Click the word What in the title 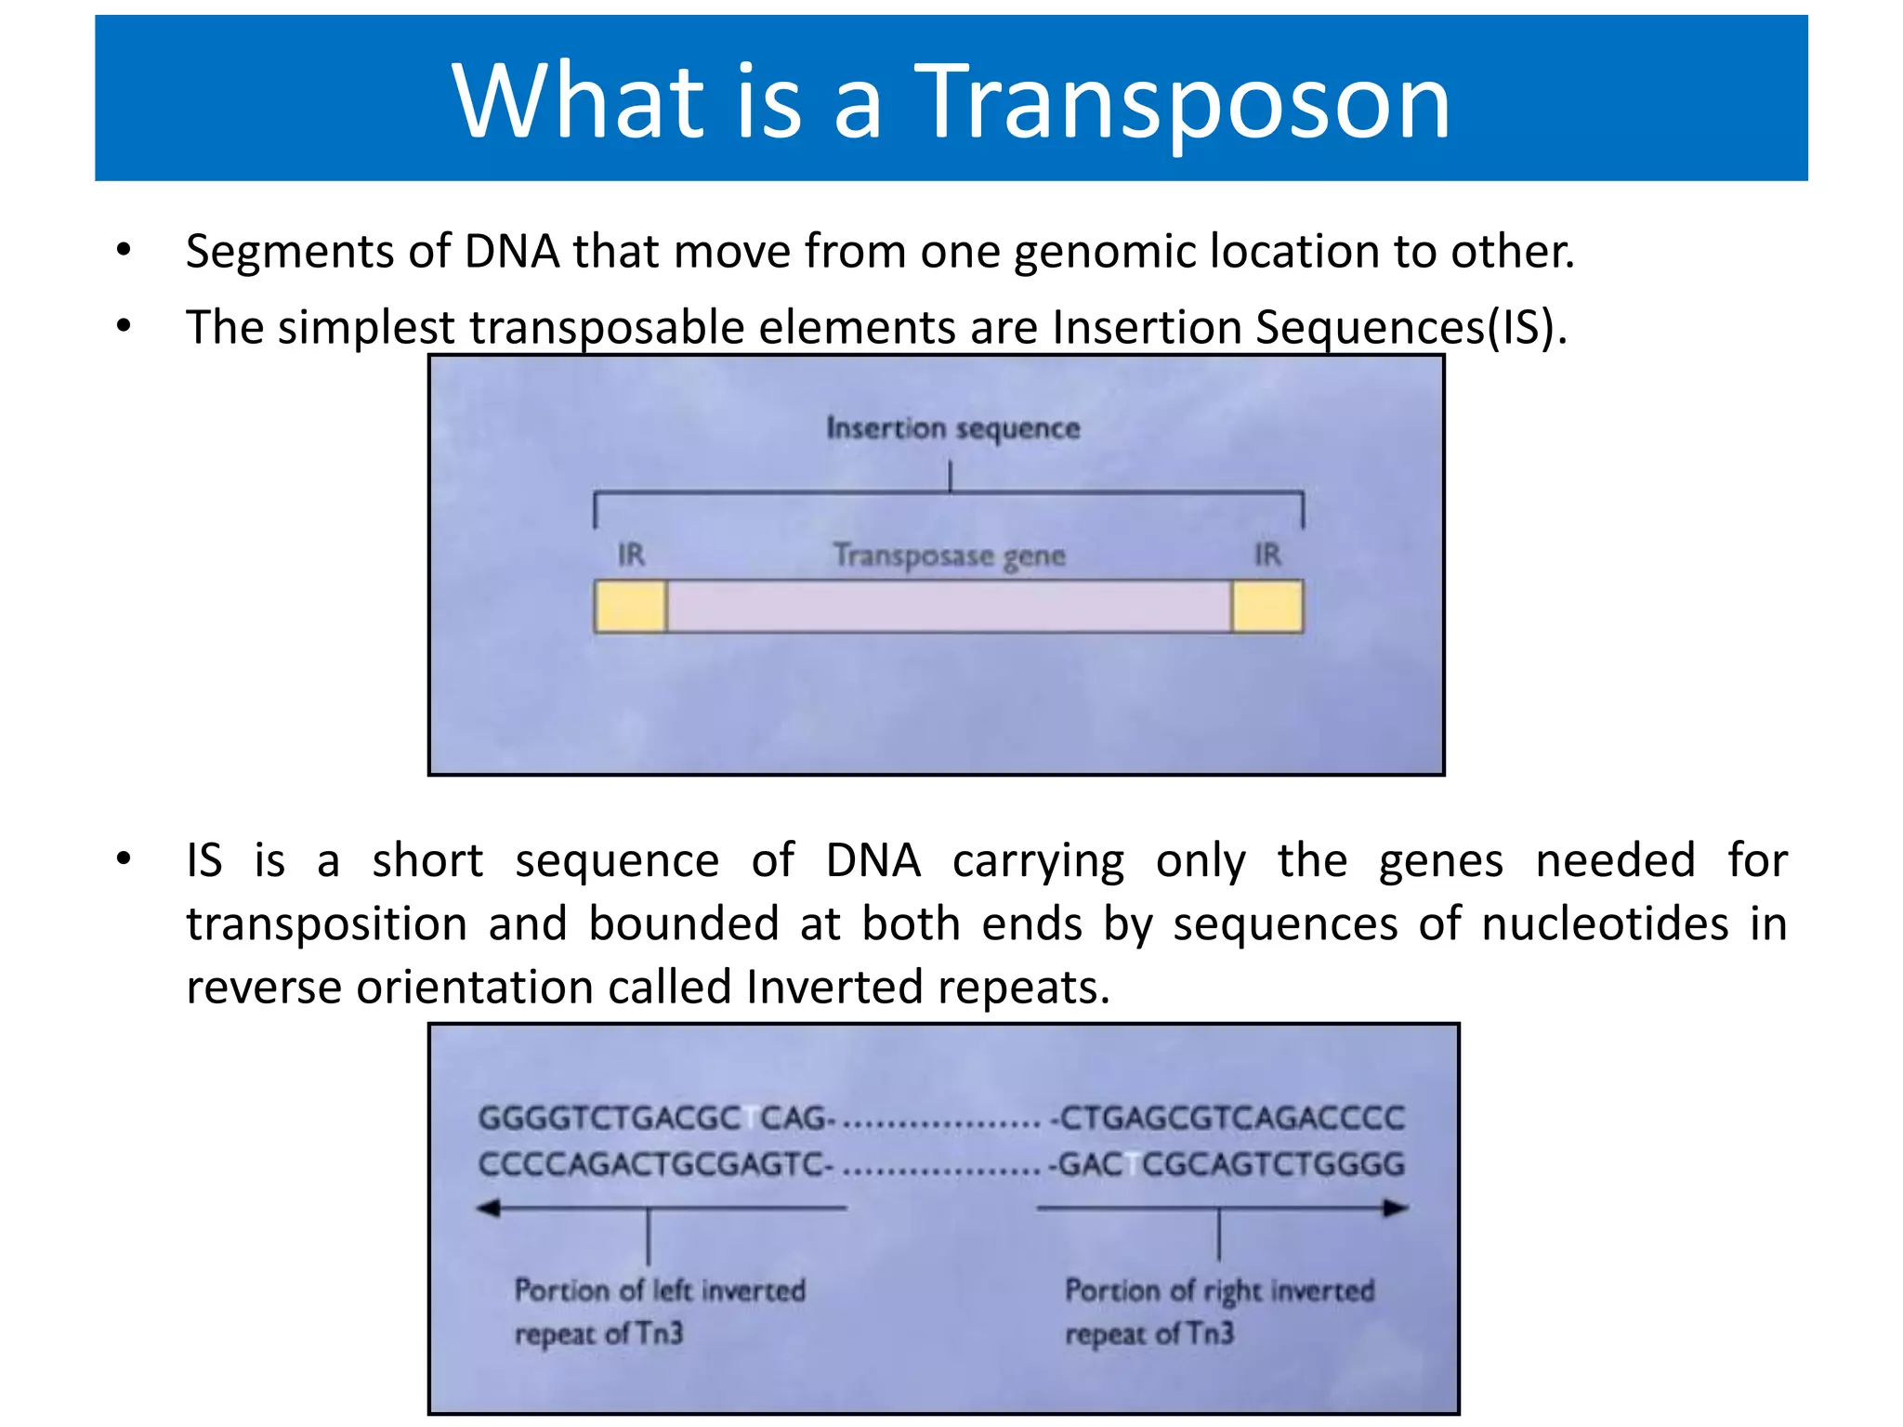coord(579,100)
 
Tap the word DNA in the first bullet coord(512,252)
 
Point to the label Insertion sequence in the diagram coord(953,428)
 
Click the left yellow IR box coord(630,607)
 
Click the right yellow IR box coord(1267,607)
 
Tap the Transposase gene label coord(949,556)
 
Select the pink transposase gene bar coord(949,607)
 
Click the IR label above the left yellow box coord(631,556)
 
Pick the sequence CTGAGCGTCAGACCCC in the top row coord(1231,1118)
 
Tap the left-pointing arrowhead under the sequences coord(489,1208)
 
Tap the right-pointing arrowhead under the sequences coord(1396,1208)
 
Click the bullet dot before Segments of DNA coord(124,250)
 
